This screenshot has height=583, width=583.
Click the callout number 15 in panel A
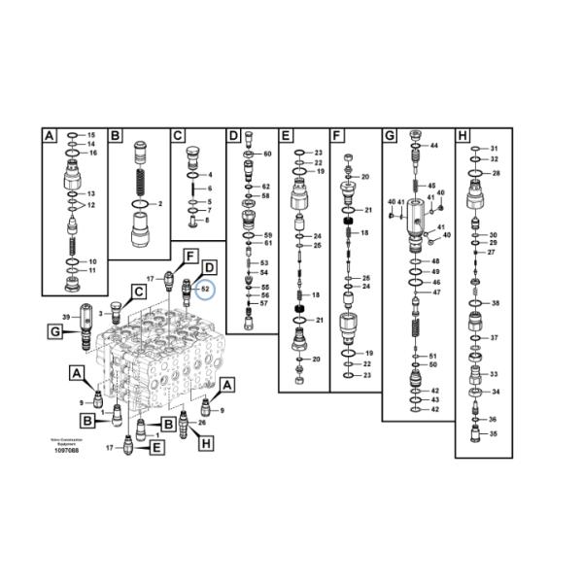(92, 134)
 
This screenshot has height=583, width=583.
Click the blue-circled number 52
(205, 288)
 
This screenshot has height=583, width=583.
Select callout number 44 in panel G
(433, 146)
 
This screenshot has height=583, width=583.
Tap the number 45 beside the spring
(432, 185)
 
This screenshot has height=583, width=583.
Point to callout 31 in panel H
(493, 149)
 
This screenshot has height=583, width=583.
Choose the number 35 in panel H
(493, 433)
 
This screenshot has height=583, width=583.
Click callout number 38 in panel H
(495, 303)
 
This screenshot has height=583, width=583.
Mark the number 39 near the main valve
(66, 317)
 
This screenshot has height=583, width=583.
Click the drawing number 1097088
(67, 452)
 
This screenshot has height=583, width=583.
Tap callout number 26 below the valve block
(202, 422)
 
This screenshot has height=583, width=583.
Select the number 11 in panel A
(92, 271)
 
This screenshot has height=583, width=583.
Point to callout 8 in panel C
(207, 220)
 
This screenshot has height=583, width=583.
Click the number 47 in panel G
(436, 291)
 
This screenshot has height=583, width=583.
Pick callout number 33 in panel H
(494, 374)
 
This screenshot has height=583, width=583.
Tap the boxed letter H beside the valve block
(205, 444)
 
